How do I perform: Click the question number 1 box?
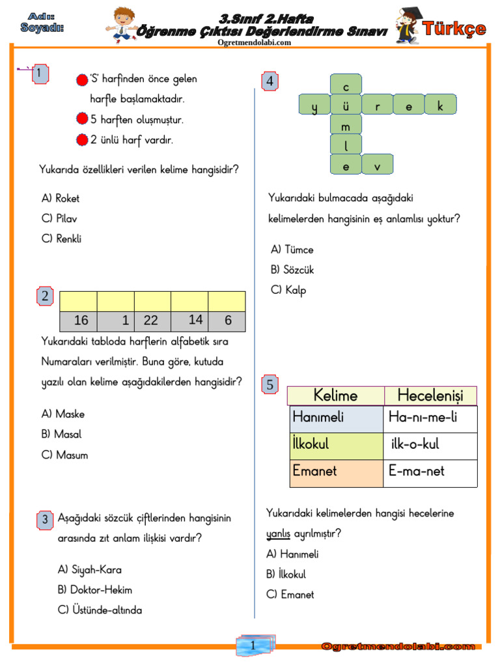[40, 74]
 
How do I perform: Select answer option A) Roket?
[61, 198]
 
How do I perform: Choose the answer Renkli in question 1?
[61, 239]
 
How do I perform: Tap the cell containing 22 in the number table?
[151, 320]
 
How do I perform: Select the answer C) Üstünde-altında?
[100, 610]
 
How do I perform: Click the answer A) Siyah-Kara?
[89, 570]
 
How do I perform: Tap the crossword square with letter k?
[441, 105]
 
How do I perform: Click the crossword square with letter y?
[314, 105]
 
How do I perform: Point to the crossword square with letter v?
[378, 165]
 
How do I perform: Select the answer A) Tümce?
[292, 249]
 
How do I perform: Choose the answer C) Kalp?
[288, 291]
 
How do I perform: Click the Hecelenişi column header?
[430, 395]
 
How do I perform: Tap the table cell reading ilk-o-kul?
[415, 444]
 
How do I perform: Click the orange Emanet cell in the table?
[337, 471]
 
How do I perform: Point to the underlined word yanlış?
[278, 534]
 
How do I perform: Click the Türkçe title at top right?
[454, 28]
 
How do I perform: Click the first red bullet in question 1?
[81, 79]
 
